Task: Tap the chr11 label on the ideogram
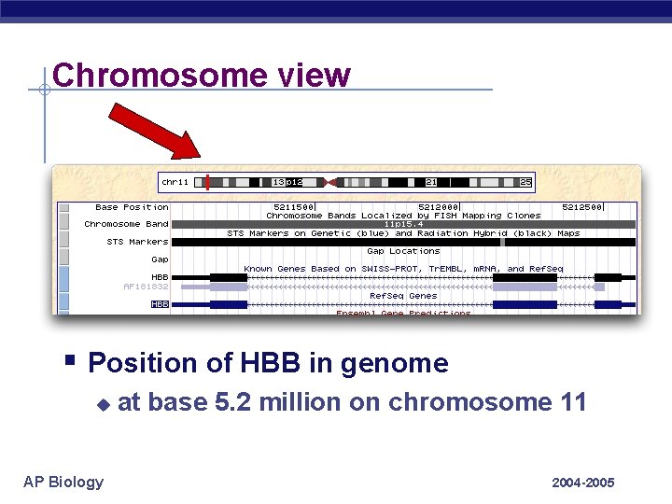click(x=175, y=182)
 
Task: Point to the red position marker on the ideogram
click(x=207, y=182)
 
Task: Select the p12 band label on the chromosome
click(x=294, y=182)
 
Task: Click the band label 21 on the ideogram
click(x=431, y=182)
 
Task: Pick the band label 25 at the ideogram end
click(x=525, y=182)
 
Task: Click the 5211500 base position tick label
click(x=293, y=207)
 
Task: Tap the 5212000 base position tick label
click(x=438, y=207)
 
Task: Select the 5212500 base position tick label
click(x=581, y=207)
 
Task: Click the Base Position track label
click(x=132, y=207)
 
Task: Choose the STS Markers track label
click(x=137, y=242)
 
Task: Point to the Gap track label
click(x=160, y=259)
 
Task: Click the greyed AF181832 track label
click(x=146, y=287)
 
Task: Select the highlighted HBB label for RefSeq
click(x=160, y=304)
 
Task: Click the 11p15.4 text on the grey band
click(x=403, y=224)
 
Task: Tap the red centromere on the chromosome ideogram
click(x=327, y=182)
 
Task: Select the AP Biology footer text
click(x=63, y=482)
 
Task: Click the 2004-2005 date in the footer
click(x=582, y=483)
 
